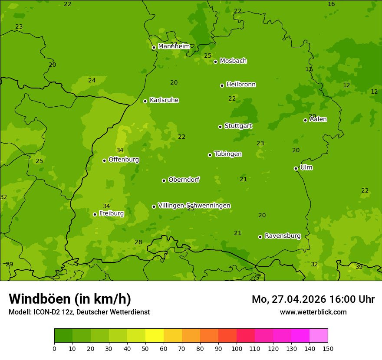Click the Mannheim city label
click(174, 46)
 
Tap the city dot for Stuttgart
click(220, 127)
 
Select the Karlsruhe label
click(164, 100)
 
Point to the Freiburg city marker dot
click(95, 214)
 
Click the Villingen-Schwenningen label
click(194, 206)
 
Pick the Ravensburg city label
click(282, 236)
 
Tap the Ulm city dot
click(296, 168)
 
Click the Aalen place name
click(318, 119)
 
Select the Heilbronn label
click(240, 85)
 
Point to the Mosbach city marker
click(215, 62)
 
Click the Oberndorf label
click(184, 180)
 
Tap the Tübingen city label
click(227, 154)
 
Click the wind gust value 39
click(359, 267)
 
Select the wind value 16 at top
click(331, 4)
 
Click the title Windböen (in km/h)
click(70, 299)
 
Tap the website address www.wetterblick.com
click(313, 312)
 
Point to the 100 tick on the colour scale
click(237, 348)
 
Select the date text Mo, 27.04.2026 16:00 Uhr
click(313, 299)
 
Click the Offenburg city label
click(123, 160)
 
